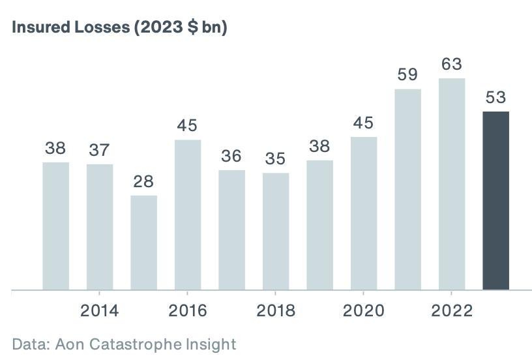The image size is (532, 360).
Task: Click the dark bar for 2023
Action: point(495,200)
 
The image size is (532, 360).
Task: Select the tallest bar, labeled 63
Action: point(452,184)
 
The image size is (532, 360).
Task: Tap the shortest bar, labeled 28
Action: point(143,242)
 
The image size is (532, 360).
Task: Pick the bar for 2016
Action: point(188,215)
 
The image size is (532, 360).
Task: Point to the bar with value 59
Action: point(407,189)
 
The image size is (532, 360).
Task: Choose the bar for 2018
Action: point(276,231)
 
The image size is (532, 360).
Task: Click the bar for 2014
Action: point(100,227)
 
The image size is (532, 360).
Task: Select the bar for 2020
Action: point(364,213)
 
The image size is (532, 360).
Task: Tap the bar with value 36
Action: point(231,230)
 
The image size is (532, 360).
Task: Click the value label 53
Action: point(495,98)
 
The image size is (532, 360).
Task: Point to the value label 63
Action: point(452,64)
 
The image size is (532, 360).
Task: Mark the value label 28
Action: point(143,181)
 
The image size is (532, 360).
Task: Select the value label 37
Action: point(100,150)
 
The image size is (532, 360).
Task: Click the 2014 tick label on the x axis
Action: point(100,310)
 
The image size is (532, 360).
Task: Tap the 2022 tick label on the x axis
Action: point(452,310)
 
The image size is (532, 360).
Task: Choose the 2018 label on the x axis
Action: point(276,310)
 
